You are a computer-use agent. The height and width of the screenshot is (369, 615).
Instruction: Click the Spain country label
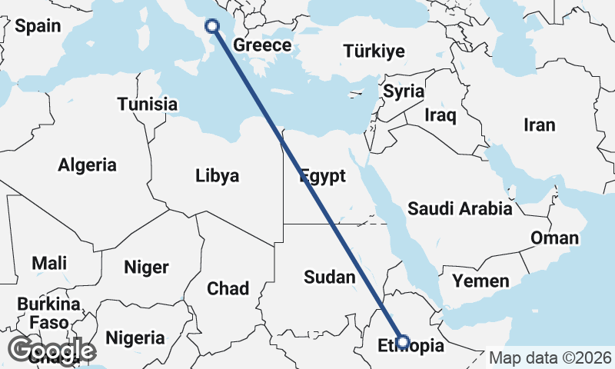[x=38, y=25]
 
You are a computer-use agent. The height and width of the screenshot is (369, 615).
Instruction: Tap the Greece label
[x=262, y=45]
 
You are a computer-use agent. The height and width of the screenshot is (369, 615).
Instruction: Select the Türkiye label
[x=374, y=52]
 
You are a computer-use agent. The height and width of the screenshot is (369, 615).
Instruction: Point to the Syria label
[x=404, y=91]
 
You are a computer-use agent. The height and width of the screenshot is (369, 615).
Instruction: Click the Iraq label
[x=440, y=116]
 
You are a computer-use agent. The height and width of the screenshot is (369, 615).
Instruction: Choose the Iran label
[x=539, y=125]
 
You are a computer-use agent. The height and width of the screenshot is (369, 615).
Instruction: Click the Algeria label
[x=88, y=165]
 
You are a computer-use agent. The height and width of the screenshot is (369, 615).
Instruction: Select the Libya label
[x=218, y=175]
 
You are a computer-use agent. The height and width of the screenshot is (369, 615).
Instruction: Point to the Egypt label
[x=322, y=176]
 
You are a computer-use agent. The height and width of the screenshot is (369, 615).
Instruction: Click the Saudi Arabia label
[x=460, y=208]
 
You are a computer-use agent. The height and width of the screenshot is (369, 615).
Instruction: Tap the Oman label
[x=554, y=238]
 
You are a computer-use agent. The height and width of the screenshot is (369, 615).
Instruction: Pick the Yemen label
[x=480, y=281]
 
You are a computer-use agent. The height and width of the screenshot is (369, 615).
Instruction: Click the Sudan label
[x=330, y=277]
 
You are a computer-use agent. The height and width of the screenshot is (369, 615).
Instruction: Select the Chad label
[x=228, y=288]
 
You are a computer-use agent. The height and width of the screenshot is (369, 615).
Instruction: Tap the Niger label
[x=146, y=267]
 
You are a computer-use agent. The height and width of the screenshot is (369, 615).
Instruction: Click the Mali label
[x=49, y=263]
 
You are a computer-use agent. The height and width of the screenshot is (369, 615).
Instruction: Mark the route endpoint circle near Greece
[x=213, y=25]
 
